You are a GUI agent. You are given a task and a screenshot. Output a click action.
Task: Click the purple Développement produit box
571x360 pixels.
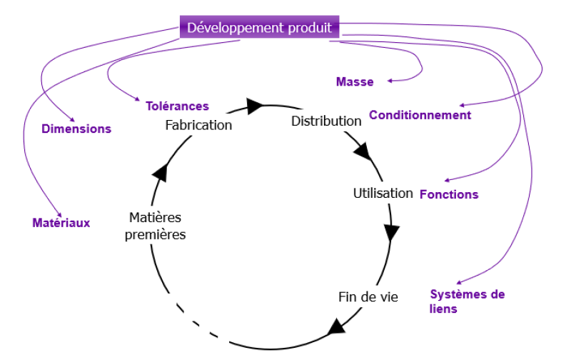pos(259,28)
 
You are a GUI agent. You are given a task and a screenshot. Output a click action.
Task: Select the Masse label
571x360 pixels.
pos(355,82)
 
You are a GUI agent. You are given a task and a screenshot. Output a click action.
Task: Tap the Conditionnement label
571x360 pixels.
pos(420,115)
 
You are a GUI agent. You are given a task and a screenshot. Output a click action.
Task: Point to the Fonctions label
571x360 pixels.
pos(449,194)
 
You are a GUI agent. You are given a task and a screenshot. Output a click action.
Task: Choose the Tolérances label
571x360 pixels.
pos(178,106)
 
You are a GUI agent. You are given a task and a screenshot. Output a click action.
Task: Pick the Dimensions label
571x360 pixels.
pos(76,129)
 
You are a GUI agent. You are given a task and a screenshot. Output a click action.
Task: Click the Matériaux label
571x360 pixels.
pos(61,223)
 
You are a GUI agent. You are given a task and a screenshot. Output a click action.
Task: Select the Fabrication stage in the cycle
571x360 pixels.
pos(198,125)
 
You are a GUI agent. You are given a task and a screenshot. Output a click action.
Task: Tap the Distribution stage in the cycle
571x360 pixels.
pos(326,121)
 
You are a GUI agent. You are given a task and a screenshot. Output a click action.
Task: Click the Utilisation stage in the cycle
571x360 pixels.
pos(383,193)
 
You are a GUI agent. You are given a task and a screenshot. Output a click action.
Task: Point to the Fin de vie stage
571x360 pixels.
pos(368,296)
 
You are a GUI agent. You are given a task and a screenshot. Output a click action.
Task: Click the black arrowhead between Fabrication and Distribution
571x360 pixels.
pos(256,107)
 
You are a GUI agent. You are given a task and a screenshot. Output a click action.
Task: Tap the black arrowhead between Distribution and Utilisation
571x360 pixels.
pos(363,152)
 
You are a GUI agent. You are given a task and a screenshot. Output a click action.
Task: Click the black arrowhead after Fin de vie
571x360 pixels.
pos(335,329)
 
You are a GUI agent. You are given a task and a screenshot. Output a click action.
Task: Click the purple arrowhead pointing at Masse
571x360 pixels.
pos(391,81)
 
